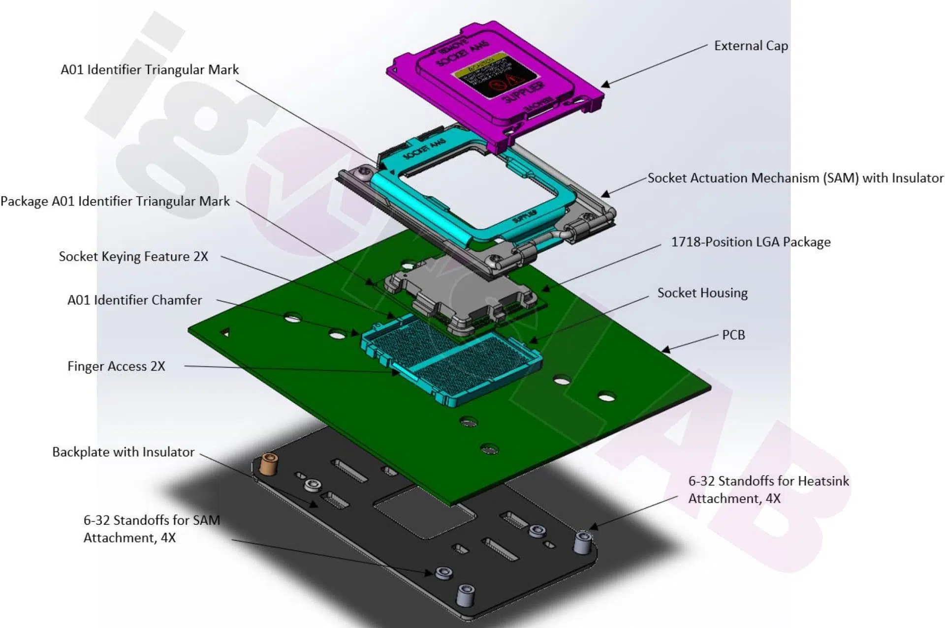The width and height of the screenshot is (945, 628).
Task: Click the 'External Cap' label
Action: tap(751, 46)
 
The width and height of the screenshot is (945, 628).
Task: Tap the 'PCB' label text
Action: tap(733, 335)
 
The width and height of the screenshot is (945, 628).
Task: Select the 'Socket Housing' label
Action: tap(702, 293)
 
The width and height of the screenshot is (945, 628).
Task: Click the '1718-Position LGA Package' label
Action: tap(751, 242)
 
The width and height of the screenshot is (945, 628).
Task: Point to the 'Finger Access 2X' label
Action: tap(116, 366)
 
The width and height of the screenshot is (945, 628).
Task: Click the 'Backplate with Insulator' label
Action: tap(123, 452)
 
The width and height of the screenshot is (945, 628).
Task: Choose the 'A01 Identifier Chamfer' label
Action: tap(134, 300)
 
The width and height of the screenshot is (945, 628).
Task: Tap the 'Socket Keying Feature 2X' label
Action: tap(133, 257)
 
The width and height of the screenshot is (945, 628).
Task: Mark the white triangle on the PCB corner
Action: tap(225, 333)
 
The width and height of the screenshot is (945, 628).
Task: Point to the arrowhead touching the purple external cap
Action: tap(605, 85)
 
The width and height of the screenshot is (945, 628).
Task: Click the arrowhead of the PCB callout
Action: tap(666, 350)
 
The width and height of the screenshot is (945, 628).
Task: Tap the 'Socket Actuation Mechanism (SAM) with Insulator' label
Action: tap(795, 178)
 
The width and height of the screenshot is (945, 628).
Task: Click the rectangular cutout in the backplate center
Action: tap(424, 511)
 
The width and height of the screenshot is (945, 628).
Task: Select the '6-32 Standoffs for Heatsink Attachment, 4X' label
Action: tap(768, 490)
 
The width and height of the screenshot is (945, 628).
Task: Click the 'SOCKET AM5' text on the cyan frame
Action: tap(424, 149)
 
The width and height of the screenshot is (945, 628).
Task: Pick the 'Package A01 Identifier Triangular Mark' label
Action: tap(115, 201)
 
